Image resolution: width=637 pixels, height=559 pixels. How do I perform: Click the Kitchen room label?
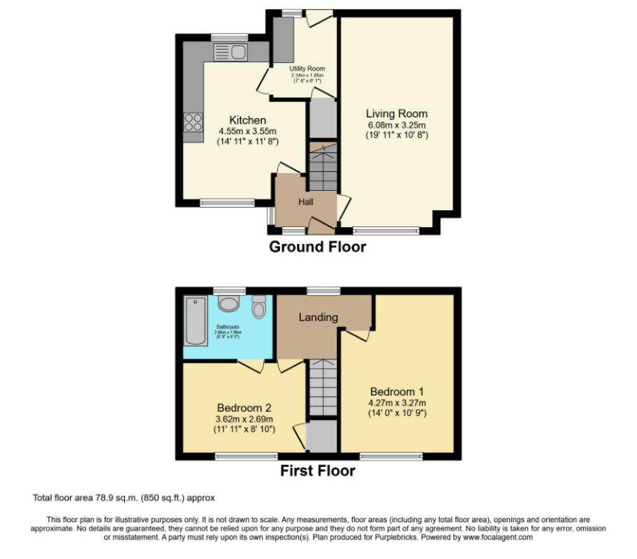click(247, 120)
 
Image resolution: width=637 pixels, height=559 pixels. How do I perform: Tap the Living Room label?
click(397, 113)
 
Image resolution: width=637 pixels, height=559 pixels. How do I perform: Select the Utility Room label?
click(307, 68)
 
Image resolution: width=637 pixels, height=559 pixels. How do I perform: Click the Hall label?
click(307, 202)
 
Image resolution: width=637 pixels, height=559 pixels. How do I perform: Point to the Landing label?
click(318, 317)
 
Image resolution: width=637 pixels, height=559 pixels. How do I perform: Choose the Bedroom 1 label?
click(397, 391)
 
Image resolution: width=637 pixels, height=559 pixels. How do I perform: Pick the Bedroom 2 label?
click(244, 407)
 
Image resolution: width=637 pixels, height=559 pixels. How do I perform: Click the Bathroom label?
click(228, 327)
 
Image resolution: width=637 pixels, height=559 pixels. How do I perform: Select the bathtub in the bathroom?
click(196, 320)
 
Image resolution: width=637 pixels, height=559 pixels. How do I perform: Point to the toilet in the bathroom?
click(258, 307)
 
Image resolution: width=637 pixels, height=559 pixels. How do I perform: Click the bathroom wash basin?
click(228, 304)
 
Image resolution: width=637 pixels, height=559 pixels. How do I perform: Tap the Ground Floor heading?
click(318, 247)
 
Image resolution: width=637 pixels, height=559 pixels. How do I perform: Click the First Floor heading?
click(318, 471)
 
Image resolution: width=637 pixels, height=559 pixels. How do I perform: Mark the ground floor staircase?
click(323, 168)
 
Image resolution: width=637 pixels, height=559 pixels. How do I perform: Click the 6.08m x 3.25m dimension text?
click(397, 124)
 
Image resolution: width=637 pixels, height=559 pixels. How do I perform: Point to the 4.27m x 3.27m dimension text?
click(397, 402)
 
